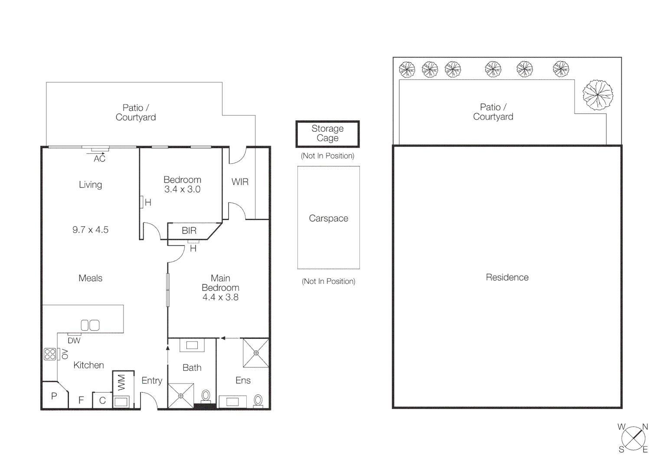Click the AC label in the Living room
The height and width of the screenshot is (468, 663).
pyautogui.click(x=99, y=159)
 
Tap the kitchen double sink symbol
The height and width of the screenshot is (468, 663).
pyautogui.click(x=90, y=325)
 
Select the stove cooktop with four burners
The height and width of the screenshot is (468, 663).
pyautogui.click(x=50, y=354)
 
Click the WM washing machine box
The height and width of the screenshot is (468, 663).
pyautogui.click(x=121, y=383)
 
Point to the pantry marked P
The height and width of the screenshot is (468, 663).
pyautogui.click(x=54, y=396)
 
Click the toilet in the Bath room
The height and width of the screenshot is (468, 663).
pyautogui.click(x=206, y=396)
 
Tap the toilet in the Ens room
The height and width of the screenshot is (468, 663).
pyautogui.click(x=258, y=400)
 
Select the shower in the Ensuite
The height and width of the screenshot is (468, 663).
pyautogui.click(x=256, y=353)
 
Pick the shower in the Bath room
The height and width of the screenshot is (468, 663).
pyautogui.click(x=181, y=396)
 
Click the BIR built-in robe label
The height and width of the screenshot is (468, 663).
pyautogui.click(x=189, y=231)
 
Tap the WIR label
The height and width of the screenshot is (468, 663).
pyautogui.click(x=240, y=182)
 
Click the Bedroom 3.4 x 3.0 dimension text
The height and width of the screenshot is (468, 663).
pyautogui.click(x=182, y=189)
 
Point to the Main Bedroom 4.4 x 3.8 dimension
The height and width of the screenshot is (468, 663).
pyautogui.click(x=220, y=297)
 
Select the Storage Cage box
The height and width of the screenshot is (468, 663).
pyautogui.click(x=327, y=133)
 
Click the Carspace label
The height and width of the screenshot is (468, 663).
pyautogui.click(x=328, y=218)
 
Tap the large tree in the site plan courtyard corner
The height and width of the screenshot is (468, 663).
pyautogui.click(x=598, y=95)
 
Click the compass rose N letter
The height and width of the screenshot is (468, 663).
pyautogui.click(x=645, y=427)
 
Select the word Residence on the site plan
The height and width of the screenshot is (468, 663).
pyautogui.click(x=507, y=277)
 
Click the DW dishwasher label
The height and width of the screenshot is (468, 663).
pyautogui.click(x=74, y=341)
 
